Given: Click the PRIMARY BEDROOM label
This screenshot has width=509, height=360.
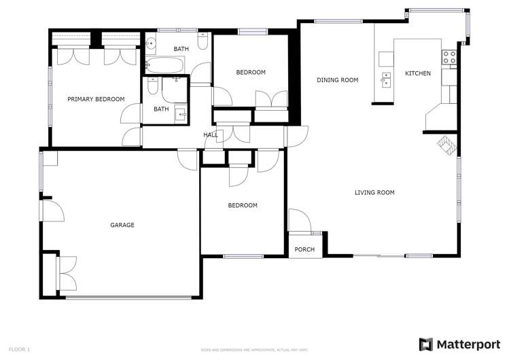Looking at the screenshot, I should [x=96, y=99].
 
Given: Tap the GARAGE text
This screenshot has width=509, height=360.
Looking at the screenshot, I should [x=122, y=225].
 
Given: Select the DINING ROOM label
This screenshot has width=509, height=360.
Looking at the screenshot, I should [x=337, y=80].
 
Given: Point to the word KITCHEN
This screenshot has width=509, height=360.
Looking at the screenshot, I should [x=418, y=73].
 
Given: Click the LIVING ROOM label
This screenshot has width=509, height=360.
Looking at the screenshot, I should [x=374, y=192].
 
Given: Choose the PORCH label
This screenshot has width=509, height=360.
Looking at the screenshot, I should [x=304, y=249].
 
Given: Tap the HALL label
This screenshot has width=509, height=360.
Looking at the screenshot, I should [x=211, y=135].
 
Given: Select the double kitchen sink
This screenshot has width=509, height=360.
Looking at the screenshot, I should [x=385, y=81].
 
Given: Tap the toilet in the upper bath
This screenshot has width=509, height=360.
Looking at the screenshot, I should [x=203, y=44].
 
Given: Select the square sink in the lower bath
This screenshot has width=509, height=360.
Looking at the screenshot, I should [x=181, y=113].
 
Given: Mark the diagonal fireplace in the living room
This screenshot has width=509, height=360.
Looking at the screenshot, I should [x=445, y=145].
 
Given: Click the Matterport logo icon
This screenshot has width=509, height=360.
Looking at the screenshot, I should [x=425, y=344].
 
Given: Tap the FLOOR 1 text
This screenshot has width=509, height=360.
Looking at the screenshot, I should [x=19, y=349].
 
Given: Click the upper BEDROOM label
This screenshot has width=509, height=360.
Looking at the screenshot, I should [x=251, y=72].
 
